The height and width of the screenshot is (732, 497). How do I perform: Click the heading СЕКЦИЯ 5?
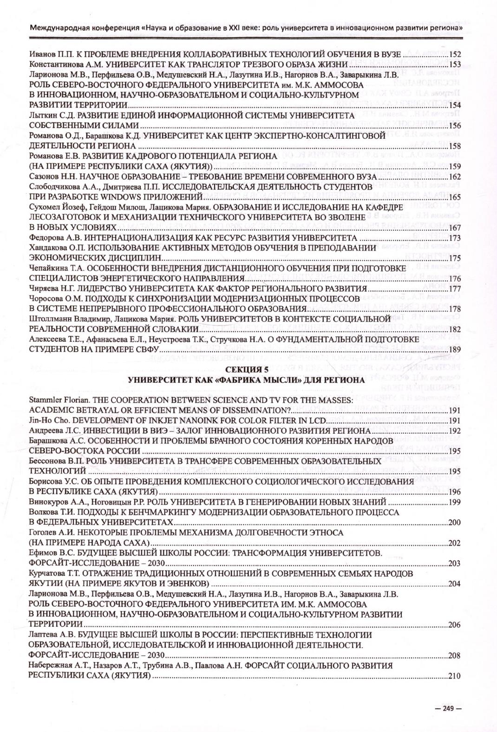[246, 370]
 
